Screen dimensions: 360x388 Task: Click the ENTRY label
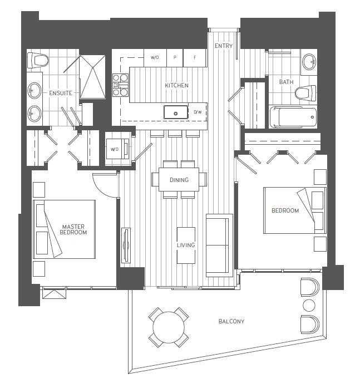224,46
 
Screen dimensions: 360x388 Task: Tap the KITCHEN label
176,85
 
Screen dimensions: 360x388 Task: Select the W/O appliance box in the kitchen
155,58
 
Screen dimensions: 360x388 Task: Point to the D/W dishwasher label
198,112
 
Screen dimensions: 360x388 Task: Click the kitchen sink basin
176,112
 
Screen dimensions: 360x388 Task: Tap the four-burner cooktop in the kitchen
120,85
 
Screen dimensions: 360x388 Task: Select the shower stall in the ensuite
93,77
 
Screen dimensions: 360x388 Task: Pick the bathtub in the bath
293,117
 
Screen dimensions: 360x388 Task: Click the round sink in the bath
309,62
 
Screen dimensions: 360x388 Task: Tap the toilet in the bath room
305,94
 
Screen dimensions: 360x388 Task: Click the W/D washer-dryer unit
118,149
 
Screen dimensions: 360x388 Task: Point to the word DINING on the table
179,180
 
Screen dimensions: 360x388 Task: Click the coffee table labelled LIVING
186,245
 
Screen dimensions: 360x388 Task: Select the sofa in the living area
219,245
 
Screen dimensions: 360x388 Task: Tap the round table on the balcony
169,327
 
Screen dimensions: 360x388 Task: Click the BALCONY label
231,321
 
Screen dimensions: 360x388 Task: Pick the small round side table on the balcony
309,306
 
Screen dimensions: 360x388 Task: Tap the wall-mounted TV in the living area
126,245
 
